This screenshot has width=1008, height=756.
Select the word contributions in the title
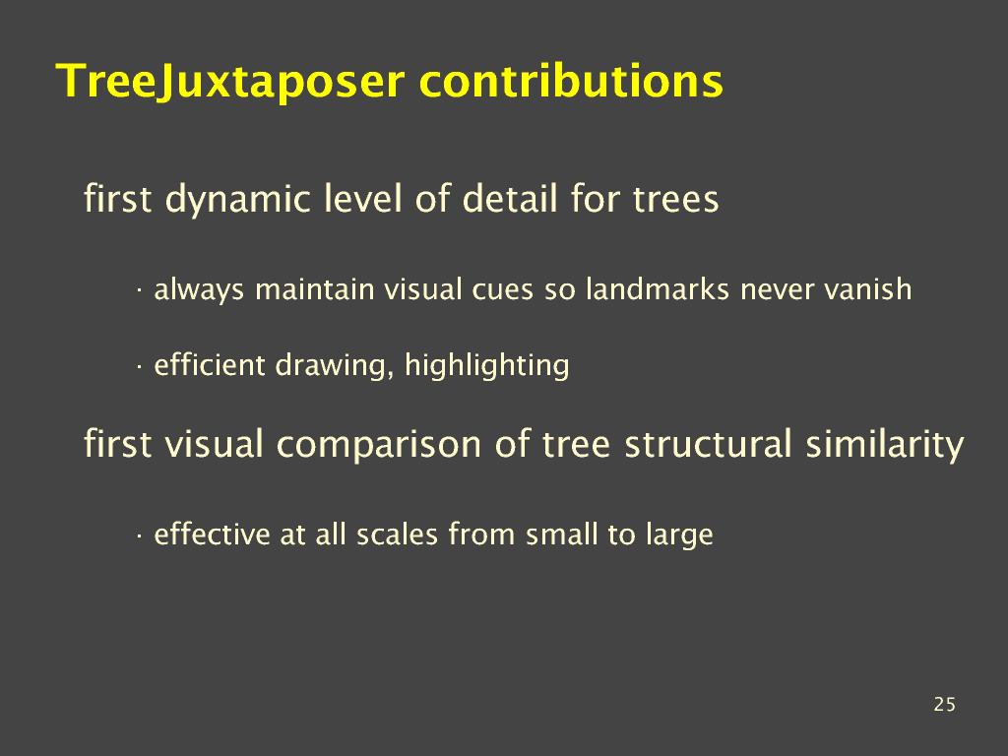572,81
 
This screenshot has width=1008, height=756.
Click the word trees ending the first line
675,200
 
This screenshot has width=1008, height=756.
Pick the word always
199,290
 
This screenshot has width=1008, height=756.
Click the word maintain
315,289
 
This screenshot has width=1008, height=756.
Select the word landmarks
658,289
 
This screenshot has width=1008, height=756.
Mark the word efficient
210,364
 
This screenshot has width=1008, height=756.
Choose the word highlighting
486,366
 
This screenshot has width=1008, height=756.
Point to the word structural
709,444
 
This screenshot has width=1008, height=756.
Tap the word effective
213,535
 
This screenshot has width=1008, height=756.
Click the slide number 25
944,705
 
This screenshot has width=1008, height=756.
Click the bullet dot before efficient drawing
138,367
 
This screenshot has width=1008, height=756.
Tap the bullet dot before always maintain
138,291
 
